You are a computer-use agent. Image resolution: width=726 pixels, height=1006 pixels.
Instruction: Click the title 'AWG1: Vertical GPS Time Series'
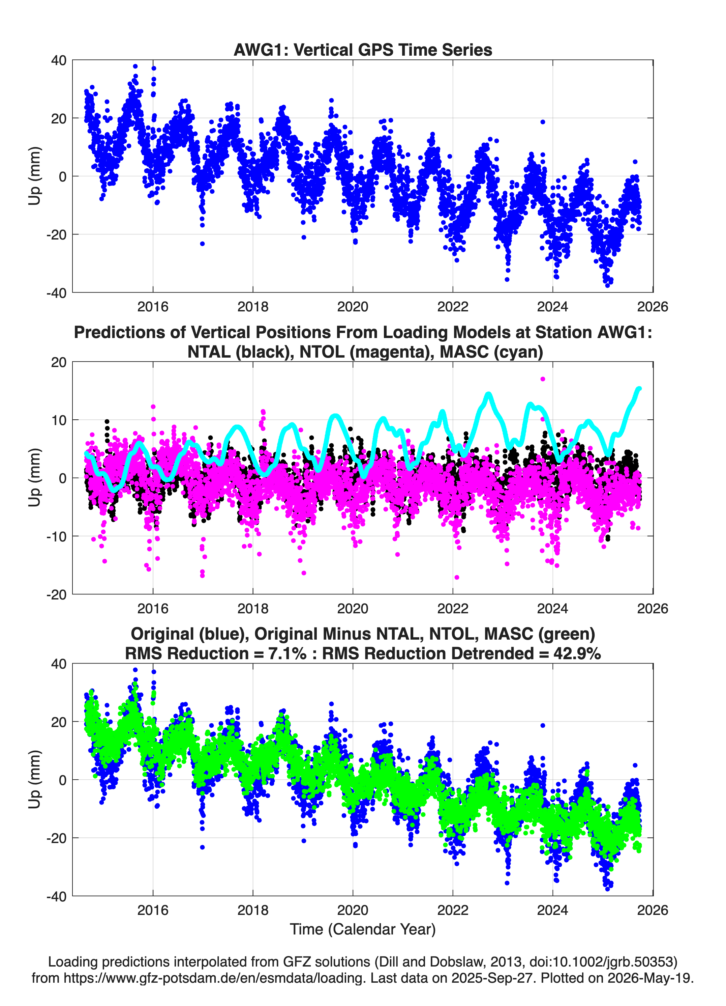coord(363,50)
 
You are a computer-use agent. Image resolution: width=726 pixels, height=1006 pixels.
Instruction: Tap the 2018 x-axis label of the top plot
coord(253,307)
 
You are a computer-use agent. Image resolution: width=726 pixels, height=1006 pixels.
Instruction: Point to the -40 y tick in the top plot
coord(56,293)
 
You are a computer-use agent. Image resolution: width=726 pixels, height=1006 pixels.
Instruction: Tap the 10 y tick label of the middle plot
coord(59,420)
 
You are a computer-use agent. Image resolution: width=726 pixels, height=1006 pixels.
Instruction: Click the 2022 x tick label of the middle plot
coord(453,608)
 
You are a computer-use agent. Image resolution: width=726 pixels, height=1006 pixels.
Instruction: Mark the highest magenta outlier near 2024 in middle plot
coord(543,379)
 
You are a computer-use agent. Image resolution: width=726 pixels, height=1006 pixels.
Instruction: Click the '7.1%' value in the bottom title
coord(287,653)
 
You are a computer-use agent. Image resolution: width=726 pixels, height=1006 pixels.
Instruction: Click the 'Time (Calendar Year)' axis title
coord(363,929)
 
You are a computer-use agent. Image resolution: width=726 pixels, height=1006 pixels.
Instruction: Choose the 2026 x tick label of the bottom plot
coord(653,910)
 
